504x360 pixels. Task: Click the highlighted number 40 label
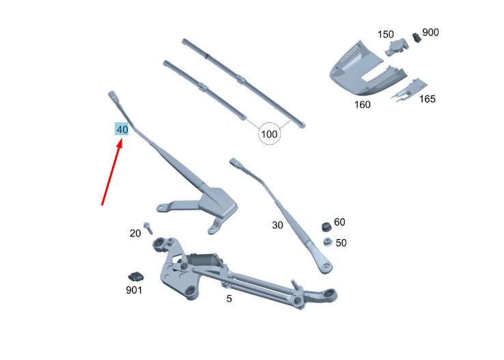pos(122,129)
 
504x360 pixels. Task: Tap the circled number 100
pos(269,134)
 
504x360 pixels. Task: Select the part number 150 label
pos(385,34)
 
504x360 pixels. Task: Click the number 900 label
pos(430,33)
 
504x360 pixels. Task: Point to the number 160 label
pos(362,105)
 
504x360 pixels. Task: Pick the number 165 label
pos(428,99)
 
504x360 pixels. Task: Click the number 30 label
pos(277,225)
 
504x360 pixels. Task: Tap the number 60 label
pos(339,222)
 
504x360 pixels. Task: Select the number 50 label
pos(341,243)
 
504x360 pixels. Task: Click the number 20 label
pos(135,234)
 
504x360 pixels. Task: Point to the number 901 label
pos(134,290)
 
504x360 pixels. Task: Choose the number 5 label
pos(229,299)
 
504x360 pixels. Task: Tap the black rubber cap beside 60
pos(326,226)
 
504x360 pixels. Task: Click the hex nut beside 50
pos(327,242)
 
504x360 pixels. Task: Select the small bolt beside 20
pos(148,228)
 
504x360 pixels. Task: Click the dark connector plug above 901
pos(136,277)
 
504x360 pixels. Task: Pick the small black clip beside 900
pos(417,38)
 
